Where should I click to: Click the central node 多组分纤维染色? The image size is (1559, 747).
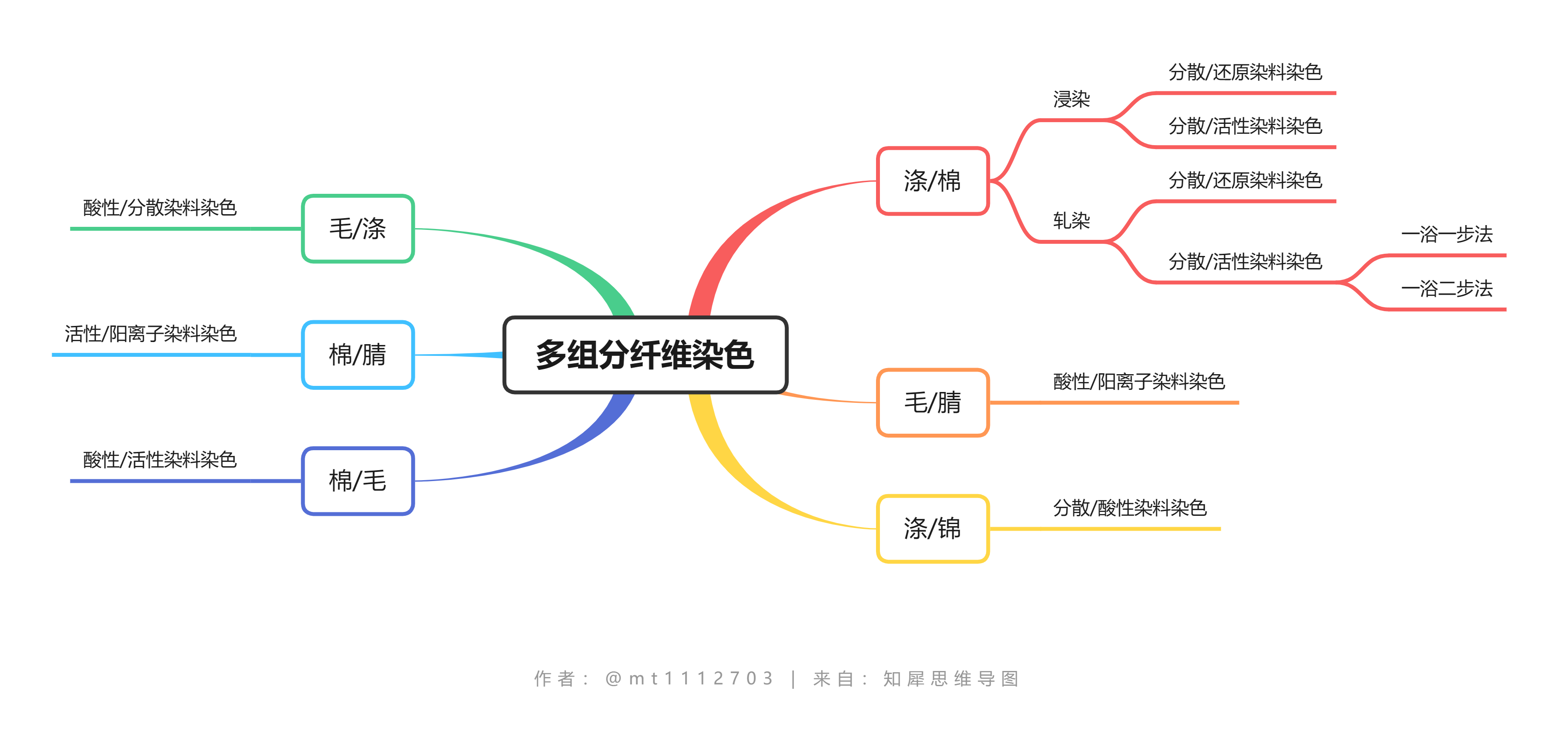pyautogui.click(x=645, y=355)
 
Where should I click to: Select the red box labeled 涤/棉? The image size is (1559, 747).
pyautogui.click(x=933, y=181)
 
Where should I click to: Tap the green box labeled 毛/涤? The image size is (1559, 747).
pyautogui.click(x=358, y=229)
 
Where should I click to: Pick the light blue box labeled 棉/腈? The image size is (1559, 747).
pyautogui.click(x=358, y=355)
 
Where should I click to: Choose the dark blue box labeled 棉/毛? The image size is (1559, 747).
pyautogui.click(x=358, y=481)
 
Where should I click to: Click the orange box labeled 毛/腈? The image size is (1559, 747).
pyautogui.click(x=933, y=403)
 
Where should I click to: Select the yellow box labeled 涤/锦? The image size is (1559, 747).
pyautogui.click(x=933, y=529)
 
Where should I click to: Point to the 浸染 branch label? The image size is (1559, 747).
pyautogui.click(x=1071, y=99)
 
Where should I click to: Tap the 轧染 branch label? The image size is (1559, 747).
pyautogui.click(x=1071, y=221)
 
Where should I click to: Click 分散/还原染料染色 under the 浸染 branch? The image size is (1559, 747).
pyautogui.click(x=1245, y=73)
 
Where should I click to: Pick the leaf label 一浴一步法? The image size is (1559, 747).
pyautogui.click(x=1446, y=235)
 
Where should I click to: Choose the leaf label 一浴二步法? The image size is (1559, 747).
pyautogui.click(x=1446, y=289)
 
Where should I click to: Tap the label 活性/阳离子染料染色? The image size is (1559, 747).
pyautogui.click(x=151, y=334)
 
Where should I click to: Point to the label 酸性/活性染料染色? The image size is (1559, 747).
pyautogui.click(x=160, y=460)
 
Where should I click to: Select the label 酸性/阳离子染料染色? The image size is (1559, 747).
pyautogui.click(x=1139, y=382)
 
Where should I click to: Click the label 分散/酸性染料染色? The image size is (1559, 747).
pyautogui.click(x=1129, y=508)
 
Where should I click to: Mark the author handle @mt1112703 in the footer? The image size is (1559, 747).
pyautogui.click(x=690, y=679)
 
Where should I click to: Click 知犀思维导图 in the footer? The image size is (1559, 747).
pyautogui.click(x=951, y=679)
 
